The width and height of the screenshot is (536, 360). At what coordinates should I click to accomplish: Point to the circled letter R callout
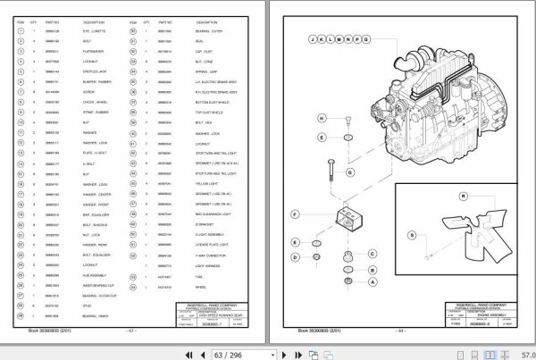[x=463, y=197]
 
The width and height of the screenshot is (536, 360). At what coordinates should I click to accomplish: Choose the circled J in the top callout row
[x=312, y=40]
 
